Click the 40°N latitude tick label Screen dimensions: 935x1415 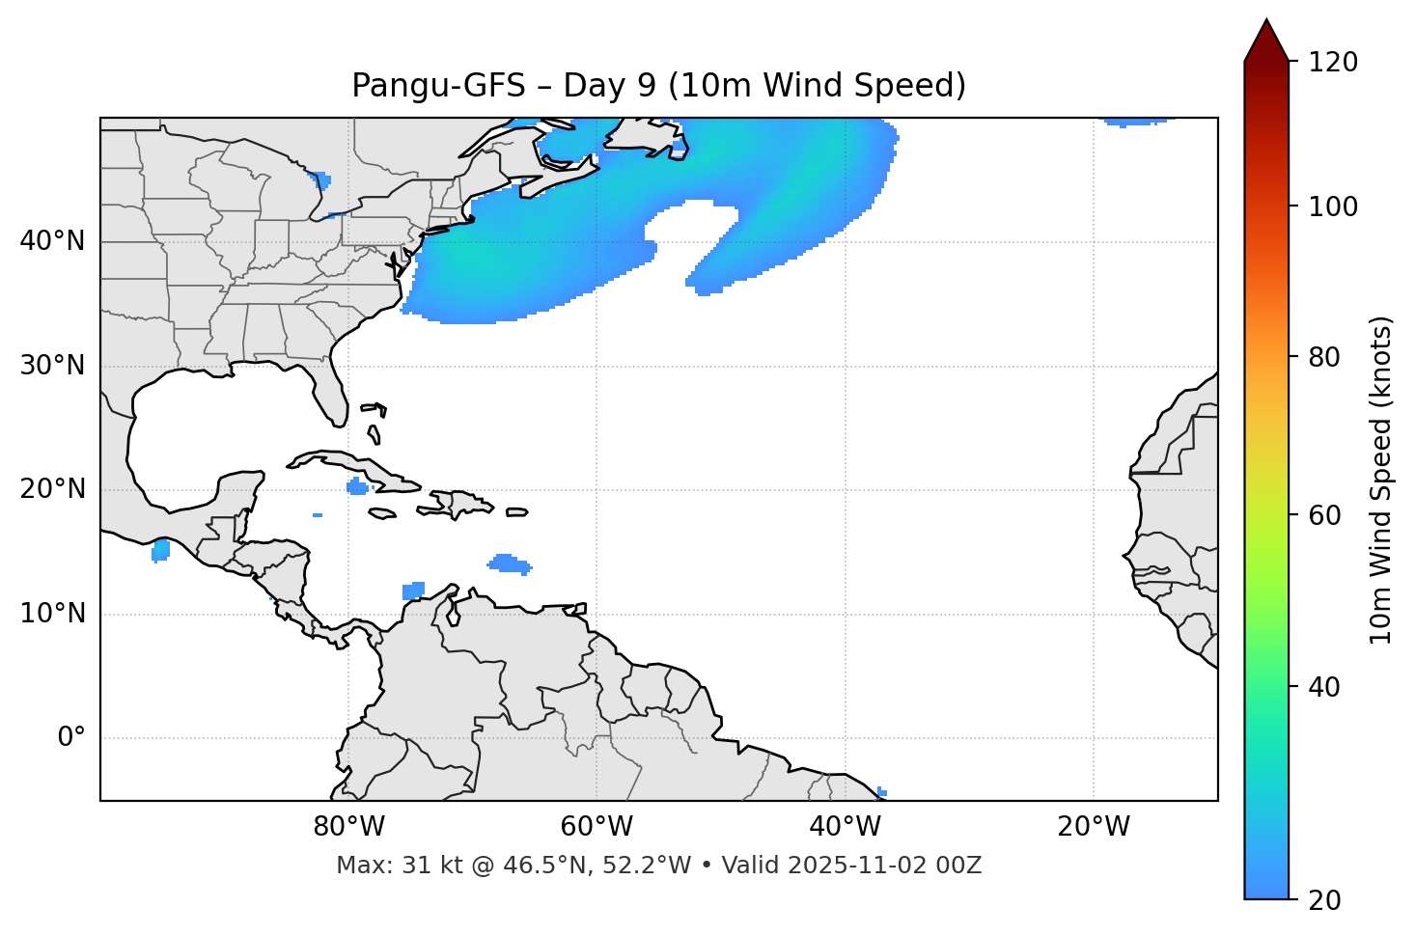pyautogui.click(x=52, y=241)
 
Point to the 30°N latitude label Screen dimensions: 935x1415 pyautogui.click(x=52, y=366)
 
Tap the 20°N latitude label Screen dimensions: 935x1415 pyautogui.click(x=52, y=489)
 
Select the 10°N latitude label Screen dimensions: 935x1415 pyautogui.click(x=52, y=614)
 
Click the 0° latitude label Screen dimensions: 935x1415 pyautogui.click(x=71, y=738)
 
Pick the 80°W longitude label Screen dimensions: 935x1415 pyautogui.click(x=348, y=827)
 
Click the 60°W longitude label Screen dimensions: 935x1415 pyautogui.click(x=597, y=827)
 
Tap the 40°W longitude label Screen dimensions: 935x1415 pyautogui.click(x=845, y=827)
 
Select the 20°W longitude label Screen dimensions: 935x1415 pyautogui.click(x=1093, y=827)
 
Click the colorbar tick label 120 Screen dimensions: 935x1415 pyautogui.click(x=1332, y=63)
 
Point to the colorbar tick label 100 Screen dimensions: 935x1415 pyautogui.click(x=1332, y=206)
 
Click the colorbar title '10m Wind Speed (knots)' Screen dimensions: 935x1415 pyautogui.click(x=1381, y=481)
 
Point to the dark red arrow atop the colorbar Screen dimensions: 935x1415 pyautogui.click(x=1266, y=41)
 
